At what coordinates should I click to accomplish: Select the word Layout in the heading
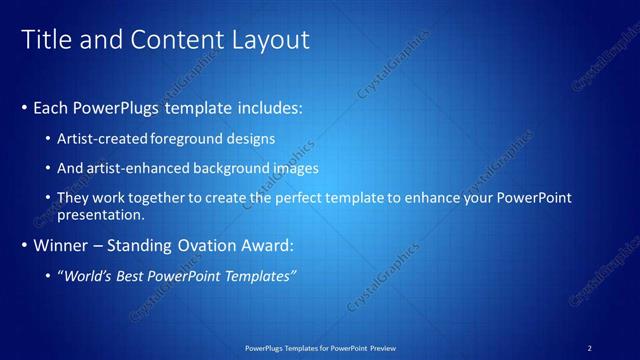(x=268, y=39)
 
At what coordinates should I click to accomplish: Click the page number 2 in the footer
(x=589, y=348)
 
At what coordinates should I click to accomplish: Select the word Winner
(x=60, y=245)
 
